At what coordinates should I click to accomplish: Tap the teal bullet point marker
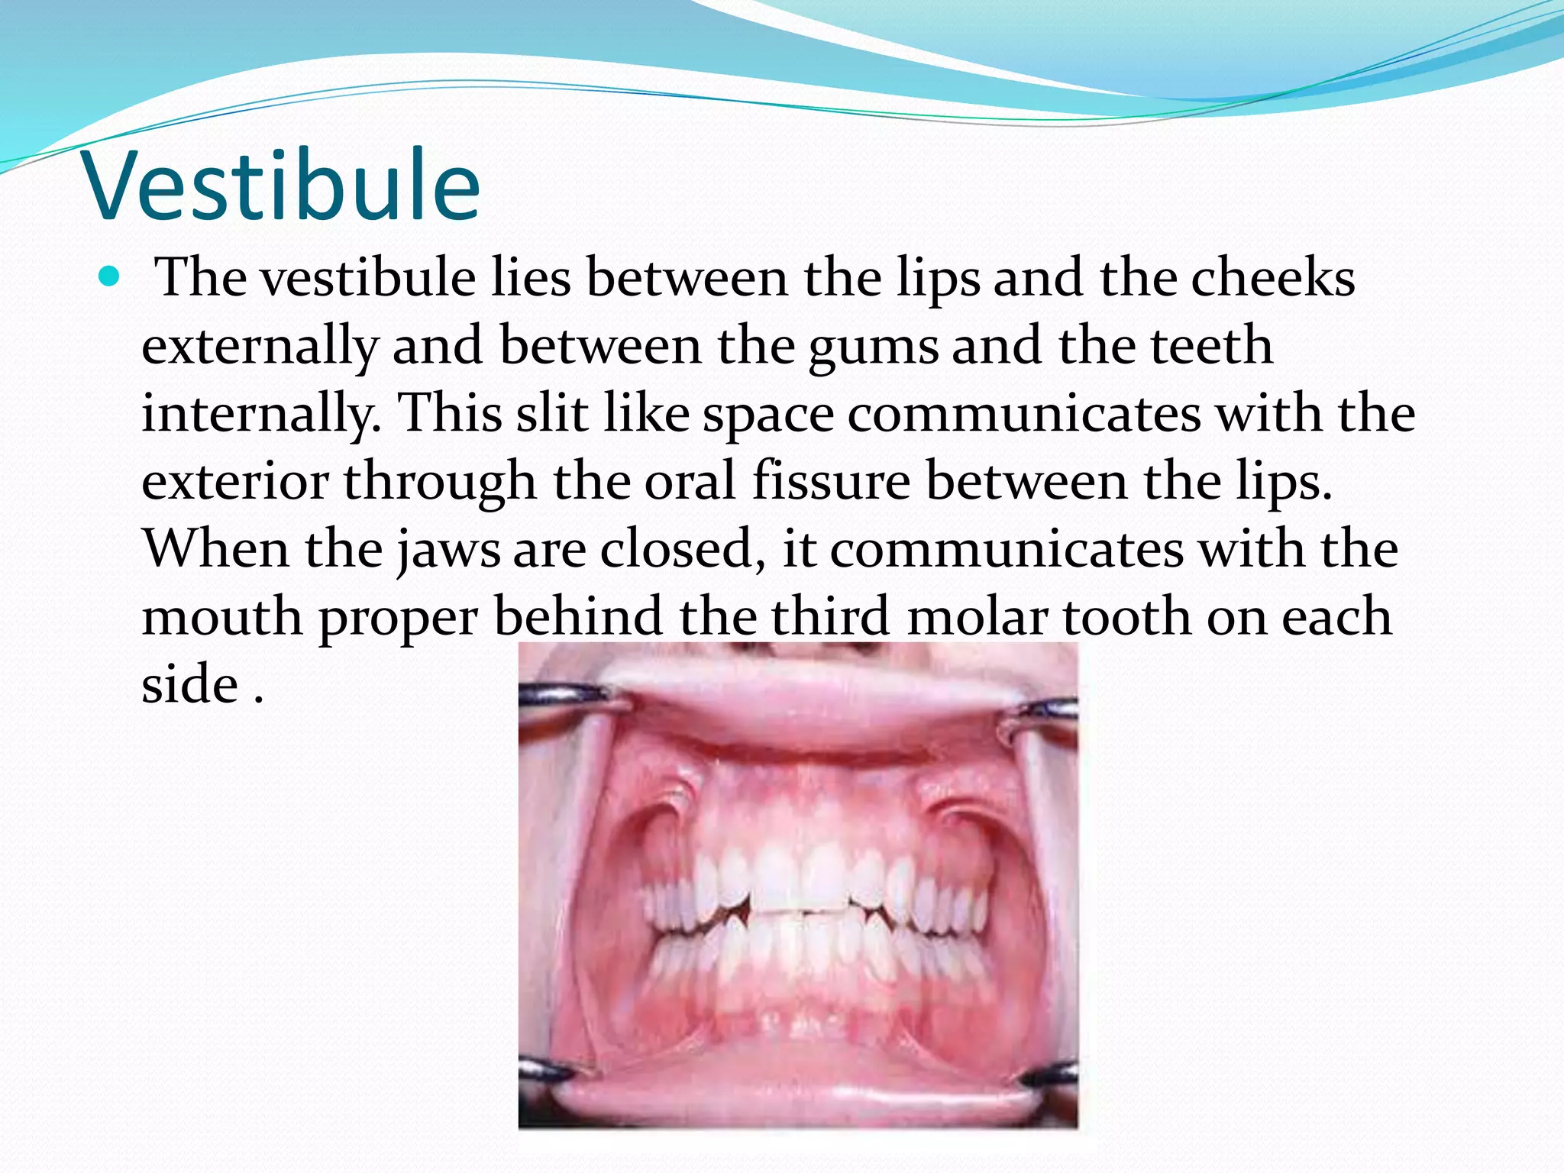pos(110,276)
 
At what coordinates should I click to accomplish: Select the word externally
pos(260,346)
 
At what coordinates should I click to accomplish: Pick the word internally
pos(261,413)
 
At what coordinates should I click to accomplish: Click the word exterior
pos(235,481)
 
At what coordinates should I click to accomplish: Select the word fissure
pos(831,481)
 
